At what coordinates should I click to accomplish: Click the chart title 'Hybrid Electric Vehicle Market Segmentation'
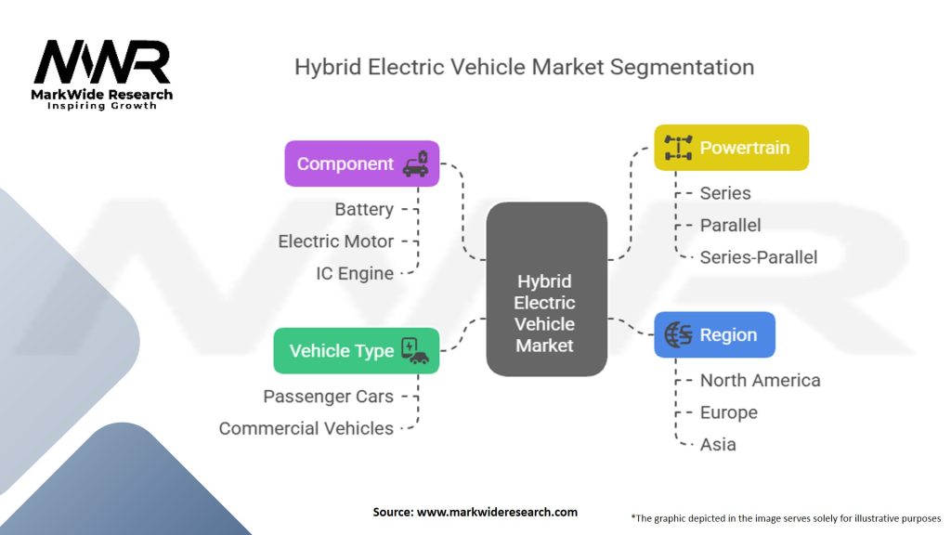click(524, 67)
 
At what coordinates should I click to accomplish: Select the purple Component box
click(361, 163)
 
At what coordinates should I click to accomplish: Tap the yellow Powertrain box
click(731, 148)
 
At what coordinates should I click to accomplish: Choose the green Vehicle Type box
click(356, 350)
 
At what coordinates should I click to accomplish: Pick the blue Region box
click(714, 334)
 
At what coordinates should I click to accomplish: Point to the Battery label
click(364, 209)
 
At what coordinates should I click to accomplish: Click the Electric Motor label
click(336, 241)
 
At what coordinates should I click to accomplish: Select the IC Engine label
click(355, 272)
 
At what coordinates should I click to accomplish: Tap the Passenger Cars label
click(329, 396)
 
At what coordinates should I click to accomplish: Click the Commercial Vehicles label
click(306, 428)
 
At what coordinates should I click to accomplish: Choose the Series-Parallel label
click(759, 257)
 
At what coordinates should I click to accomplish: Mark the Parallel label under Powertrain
click(730, 225)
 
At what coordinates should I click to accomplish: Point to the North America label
click(760, 380)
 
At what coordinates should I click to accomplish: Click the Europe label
click(728, 412)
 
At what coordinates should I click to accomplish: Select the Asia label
click(718, 444)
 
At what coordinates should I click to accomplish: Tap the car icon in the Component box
click(415, 163)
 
